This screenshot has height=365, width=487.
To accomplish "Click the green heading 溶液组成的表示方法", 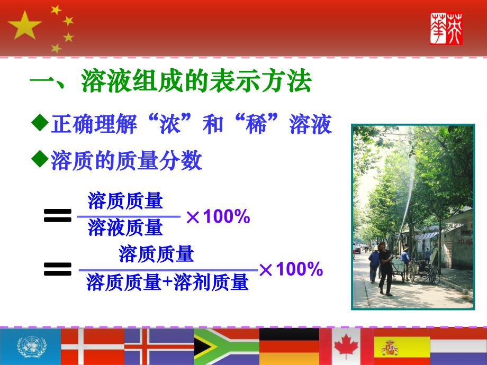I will pos(196,84).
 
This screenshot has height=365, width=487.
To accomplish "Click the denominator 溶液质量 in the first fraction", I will pos(125,228).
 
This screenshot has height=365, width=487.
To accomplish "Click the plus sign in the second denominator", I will pos(167,284).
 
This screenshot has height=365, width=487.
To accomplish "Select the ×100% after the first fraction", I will pos(218,217).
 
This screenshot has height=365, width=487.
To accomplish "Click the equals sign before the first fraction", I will pos(58,215).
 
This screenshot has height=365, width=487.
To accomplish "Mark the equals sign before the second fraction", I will pos(58,271).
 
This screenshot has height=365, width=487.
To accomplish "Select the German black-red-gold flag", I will pos(289,347).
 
